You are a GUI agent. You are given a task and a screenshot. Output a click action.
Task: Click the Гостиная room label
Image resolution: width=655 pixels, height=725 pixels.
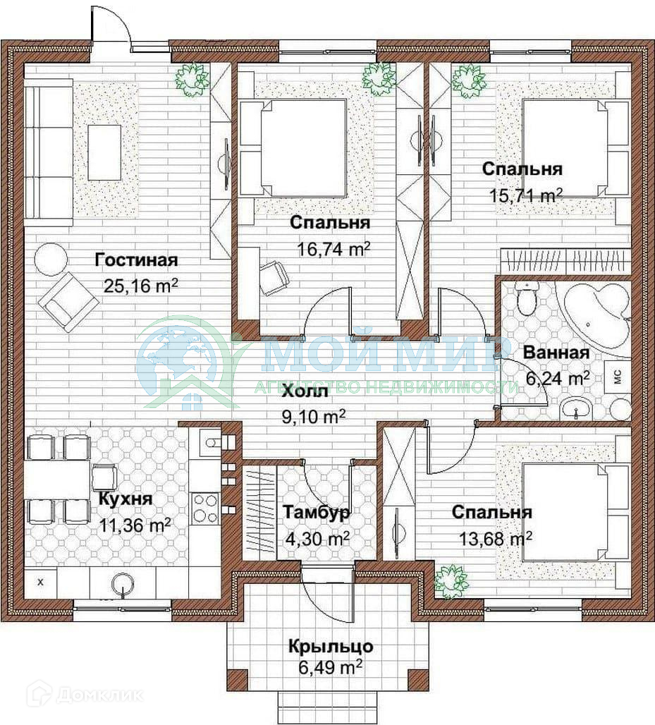pos(136,260)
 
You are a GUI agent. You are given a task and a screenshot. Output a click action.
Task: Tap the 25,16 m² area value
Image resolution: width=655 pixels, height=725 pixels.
pos(140,286)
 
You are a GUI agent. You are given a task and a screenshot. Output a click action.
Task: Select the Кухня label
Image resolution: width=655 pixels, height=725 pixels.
pos(126,499)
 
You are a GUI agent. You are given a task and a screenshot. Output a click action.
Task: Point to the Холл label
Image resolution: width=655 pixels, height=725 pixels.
pos(305,391)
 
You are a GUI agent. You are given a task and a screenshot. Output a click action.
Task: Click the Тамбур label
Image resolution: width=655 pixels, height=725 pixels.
pos(316,512)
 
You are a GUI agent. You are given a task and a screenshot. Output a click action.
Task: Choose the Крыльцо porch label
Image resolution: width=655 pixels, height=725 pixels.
pos(331,646)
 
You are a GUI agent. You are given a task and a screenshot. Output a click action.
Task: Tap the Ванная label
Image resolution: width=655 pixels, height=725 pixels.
pos(556,353)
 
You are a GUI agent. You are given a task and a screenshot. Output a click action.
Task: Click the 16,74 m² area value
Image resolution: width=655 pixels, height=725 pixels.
pos(333,249)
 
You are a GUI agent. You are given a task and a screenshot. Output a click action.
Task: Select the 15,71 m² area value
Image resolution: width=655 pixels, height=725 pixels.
pos(526,195)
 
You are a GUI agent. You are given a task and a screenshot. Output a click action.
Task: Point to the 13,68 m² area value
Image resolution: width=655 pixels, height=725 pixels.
pos(496,538)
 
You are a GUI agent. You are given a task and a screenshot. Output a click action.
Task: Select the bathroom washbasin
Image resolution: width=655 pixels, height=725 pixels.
pos(575,409)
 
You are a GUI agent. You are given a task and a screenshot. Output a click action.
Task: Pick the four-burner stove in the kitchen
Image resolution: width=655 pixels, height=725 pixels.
pos(204,508)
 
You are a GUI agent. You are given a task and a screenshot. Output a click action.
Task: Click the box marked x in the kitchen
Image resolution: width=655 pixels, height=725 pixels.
pos(40,582)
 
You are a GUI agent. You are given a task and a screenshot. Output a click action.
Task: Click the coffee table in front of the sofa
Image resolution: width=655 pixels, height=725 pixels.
pos(105,152)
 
